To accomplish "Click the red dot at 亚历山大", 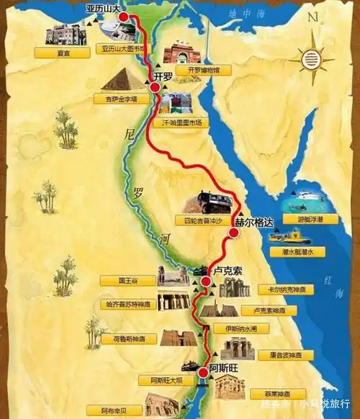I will click(x=124, y=17).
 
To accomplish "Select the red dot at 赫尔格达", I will click(x=233, y=233).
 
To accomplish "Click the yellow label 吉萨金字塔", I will click(x=120, y=98).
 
